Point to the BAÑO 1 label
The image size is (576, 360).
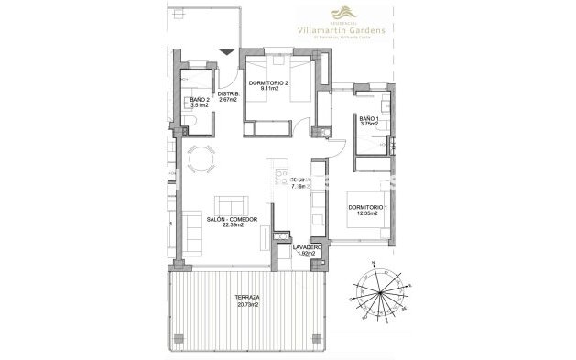pyautogui.click(x=368, y=119)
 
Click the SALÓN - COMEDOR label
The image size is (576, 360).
pyautogui.click(x=231, y=219)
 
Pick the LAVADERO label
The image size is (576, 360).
pyautogui.click(x=307, y=246)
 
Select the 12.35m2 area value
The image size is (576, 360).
pyautogui.click(x=368, y=215)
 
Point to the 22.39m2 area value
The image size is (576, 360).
pyautogui.click(x=231, y=225)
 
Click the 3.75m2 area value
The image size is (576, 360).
pyautogui.click(x=368, y=125)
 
